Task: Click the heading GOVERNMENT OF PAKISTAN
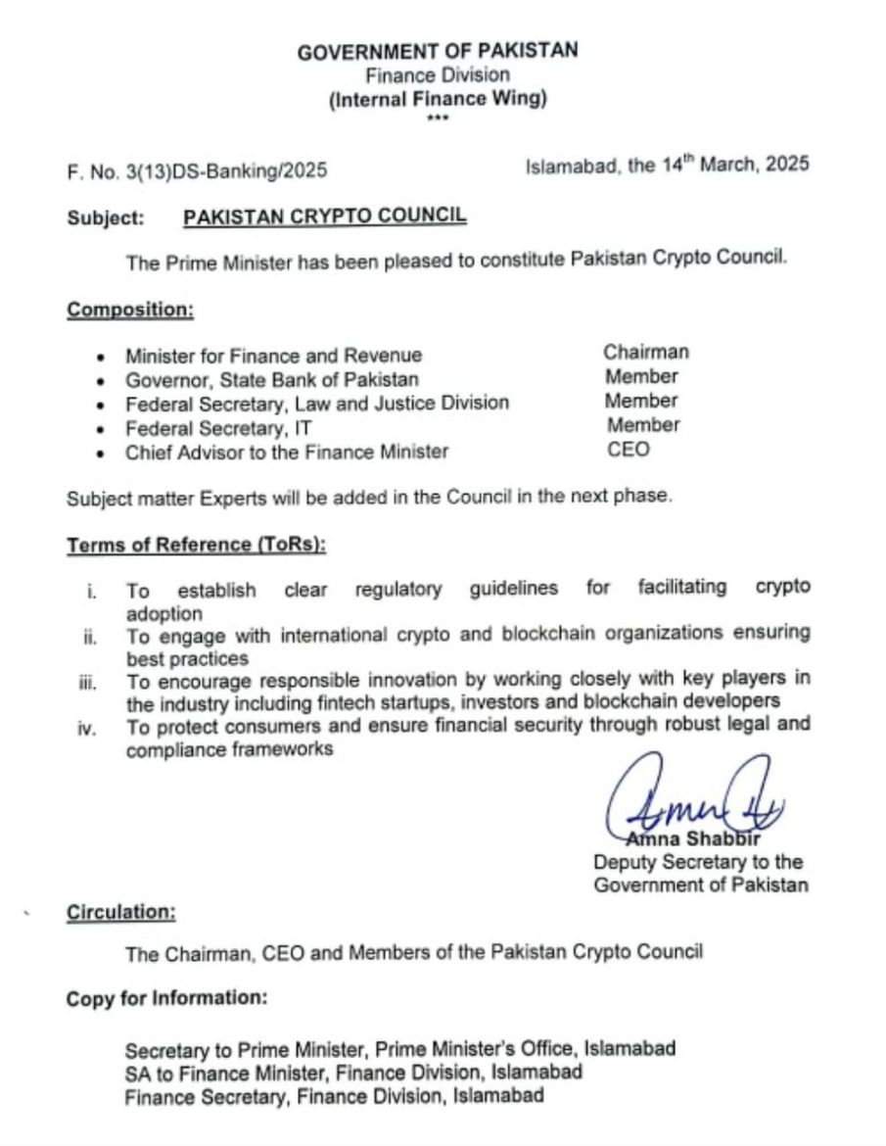point(438,52)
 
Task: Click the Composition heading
point(130,310)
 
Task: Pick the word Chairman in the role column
point(646,353)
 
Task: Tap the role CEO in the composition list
point(628,450)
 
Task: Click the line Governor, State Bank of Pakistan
point(272,379)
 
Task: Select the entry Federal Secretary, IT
point(218,428)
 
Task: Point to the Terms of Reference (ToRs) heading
point(196,545)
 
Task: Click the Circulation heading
point(121,912)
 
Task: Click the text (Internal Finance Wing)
point(438,98)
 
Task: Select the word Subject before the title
point(106,216)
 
